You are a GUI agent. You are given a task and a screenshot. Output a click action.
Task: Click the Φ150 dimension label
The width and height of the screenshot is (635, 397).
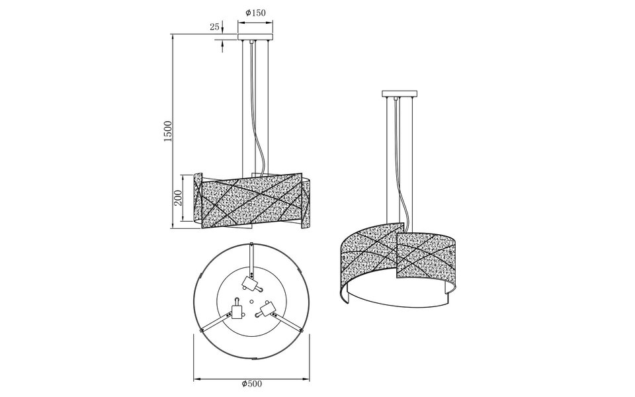[x=255, y=12]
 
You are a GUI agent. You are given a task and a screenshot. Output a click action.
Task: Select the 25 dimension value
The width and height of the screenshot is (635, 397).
[x=214, y=27]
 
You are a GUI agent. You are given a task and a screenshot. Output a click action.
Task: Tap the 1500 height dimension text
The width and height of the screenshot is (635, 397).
[x=168, y=130]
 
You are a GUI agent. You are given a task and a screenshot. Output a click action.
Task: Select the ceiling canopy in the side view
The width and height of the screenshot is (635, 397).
[x=255, y=37]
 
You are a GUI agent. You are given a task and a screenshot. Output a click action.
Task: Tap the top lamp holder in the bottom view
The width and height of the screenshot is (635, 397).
[x=250, y=282]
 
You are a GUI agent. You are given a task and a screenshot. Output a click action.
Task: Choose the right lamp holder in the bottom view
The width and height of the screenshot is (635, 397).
[x=268, y=308]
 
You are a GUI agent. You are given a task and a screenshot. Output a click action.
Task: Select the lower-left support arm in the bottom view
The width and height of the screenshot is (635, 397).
[x=216, y=324]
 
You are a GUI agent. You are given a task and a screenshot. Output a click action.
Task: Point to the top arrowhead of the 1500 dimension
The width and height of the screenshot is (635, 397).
[x=173, y=36]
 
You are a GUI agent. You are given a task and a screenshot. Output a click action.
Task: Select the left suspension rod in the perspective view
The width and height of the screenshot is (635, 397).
[x=386, y=159]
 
